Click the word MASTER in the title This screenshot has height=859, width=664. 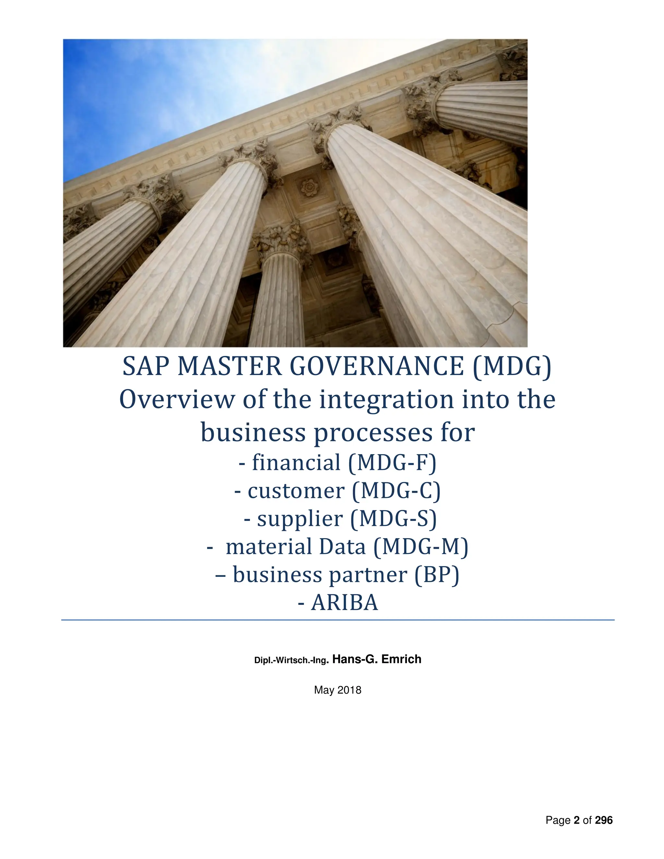(230, 367)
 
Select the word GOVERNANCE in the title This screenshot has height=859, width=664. (376, 367)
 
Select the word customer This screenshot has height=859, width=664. (296, 491)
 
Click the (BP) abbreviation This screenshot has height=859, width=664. (436, 575)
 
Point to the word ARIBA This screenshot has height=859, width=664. (344, 603)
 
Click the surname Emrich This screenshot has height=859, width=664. (401, 659)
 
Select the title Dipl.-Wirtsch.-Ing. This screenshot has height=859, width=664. (291, 660)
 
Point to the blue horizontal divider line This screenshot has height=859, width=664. (338, 620)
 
